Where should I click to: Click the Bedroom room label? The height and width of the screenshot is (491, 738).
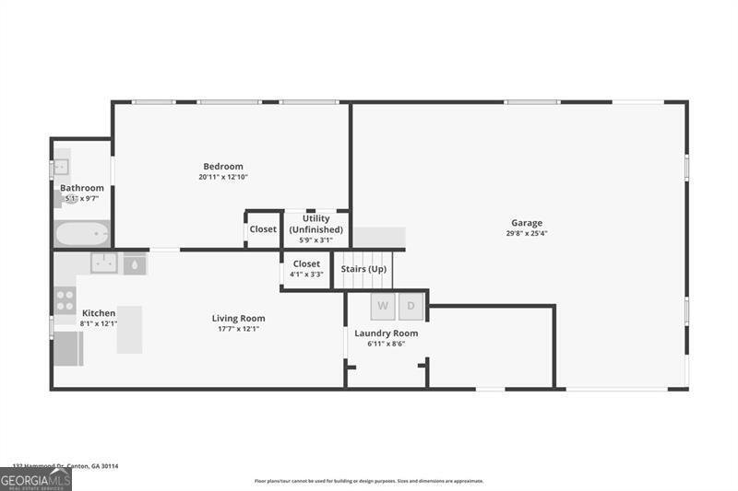point(223,167)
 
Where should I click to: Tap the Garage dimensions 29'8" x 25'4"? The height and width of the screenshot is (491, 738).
point(527,233)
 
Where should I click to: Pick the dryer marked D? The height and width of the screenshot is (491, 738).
point(411,305)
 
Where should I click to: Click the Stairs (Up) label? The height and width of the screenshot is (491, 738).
point(363,269)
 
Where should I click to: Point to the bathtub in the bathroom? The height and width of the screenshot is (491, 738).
point(82,233)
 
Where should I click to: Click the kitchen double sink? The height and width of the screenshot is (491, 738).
point(103,263)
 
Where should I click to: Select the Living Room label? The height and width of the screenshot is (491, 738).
point(238,318)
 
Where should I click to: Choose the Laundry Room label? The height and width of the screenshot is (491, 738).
point(386,333)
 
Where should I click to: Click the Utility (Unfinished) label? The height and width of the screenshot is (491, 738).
point(315,224)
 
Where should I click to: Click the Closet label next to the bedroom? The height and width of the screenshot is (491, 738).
point(263,229)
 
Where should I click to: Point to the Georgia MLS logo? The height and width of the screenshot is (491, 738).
point(36,479)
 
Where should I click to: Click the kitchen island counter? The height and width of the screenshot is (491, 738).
point(129,329)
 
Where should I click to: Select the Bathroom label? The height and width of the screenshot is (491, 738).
point(82,188)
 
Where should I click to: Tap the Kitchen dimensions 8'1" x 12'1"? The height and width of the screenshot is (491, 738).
point(99,323)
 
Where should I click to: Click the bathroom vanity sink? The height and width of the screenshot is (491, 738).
point(61,168)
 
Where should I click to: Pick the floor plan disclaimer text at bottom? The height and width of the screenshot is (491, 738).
point(369,481)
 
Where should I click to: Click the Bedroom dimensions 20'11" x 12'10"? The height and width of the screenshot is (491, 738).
point(223,177)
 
